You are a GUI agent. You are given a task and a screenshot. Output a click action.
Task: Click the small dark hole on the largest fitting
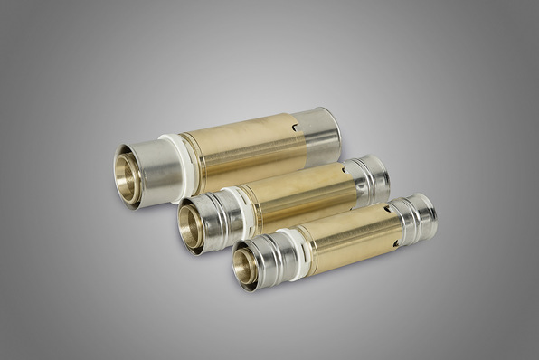pos(295,128)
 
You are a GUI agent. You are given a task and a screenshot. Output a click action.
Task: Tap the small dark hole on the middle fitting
pos(345,169)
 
